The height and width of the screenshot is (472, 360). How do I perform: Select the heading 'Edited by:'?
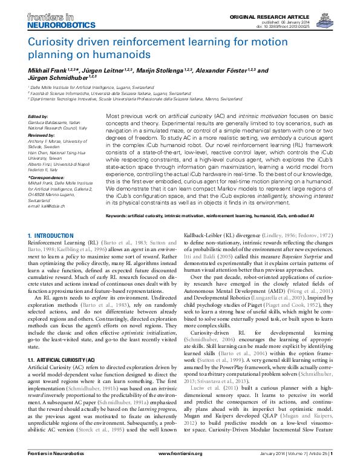point(38,116)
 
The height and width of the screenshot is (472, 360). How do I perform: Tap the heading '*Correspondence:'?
point(45,176)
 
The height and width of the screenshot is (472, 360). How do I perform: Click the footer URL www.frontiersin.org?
point(180,464)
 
